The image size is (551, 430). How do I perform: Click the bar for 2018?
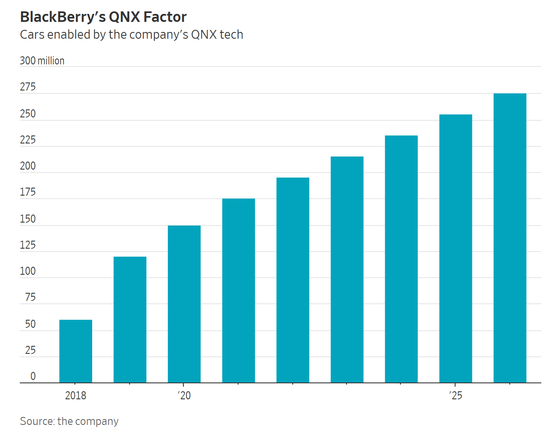(x=76, y=351)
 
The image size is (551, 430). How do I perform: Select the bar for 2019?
(x=130, y=320)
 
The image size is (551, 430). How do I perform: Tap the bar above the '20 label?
(x=184, y=304)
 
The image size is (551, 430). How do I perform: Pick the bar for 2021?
(x=238, y=291)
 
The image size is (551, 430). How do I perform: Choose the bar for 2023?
(x=347, y=270)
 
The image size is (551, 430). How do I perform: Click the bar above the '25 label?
(x=456, y=249)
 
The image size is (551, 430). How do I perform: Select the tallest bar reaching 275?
(x=510, y=238)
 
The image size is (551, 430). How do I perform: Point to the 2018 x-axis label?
(x=76, y=395)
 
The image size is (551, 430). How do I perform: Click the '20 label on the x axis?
(x=184, y=395)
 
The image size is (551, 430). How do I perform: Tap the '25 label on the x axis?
(x=456, y=395)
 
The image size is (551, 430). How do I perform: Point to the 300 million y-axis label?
(x=42, y=61)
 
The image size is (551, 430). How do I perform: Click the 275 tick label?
(x=28, y=87)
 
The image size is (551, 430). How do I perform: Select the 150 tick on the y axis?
(x=28, y=219)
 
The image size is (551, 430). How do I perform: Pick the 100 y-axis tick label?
(x=28, y=271)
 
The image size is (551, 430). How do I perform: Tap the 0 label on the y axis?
(x=33, y=376)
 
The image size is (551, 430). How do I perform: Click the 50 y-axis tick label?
(x=30, y=324)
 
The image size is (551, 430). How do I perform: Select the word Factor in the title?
(x=165, y=17)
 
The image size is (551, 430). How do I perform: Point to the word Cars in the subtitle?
(x=32, y=35)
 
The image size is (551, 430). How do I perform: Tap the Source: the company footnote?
(x=69, y=421)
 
